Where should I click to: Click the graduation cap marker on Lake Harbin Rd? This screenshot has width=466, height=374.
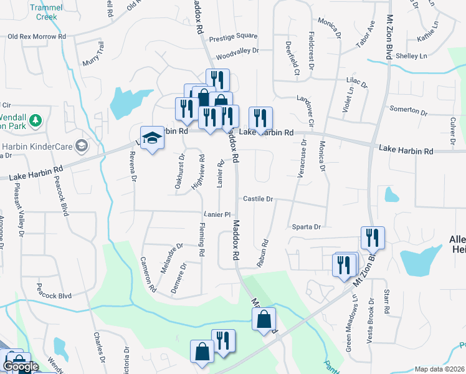pyautogui.click(x=151, y=138)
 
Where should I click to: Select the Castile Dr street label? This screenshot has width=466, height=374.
pyautogui.click(x=258, y=199)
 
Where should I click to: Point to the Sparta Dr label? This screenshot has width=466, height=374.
pyautogui.click(x=305, y=227)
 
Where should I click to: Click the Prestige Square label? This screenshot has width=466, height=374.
pyautogui.click(x=233, y=36)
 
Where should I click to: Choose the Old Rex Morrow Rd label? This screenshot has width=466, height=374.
pyautogui.click(x=36, y=37)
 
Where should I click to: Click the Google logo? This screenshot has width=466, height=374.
pyautogui.click(x=20, y=367)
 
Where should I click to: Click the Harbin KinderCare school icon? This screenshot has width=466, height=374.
pyautogui.click(x=81, y=146)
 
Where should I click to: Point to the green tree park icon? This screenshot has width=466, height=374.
pyautogui.click(x=36, y=119)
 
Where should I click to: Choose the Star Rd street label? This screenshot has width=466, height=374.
pyautogui.click(x=387, y=301)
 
